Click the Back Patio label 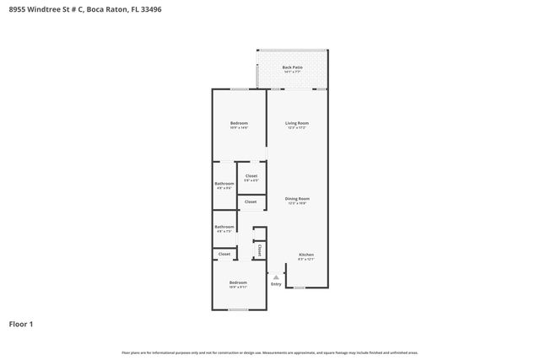tap(292, 67)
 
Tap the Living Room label tap(296, 123)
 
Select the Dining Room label tap(297, 198)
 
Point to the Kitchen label tap(306, 255)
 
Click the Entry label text tap(276, 283)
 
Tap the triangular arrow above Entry tap(276, 276)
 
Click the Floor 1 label tap(21, 324)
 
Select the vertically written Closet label tap(260, 250)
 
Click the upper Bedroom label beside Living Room tap(239, 123)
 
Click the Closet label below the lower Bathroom tap(224, 254)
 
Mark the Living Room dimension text tap(296, 128)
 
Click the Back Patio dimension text tap(292, 72)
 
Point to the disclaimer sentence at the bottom tap(270, 352)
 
